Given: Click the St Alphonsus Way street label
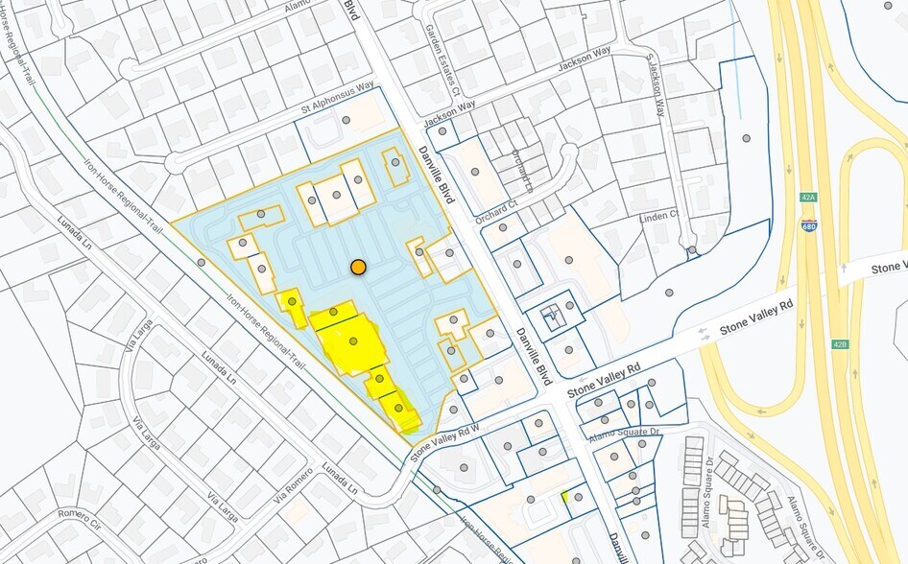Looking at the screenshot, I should coord(337,98).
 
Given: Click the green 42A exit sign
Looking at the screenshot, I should coord(808,197).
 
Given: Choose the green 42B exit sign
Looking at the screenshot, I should coord(840,343).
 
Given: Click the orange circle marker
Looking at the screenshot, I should coord(358,267).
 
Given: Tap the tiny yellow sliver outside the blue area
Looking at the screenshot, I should coord(565,496).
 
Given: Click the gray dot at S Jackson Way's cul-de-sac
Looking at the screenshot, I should coord(691,250).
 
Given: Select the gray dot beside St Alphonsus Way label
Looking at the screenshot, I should coord(346,122).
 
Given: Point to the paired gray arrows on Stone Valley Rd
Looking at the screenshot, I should coord(713,332).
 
